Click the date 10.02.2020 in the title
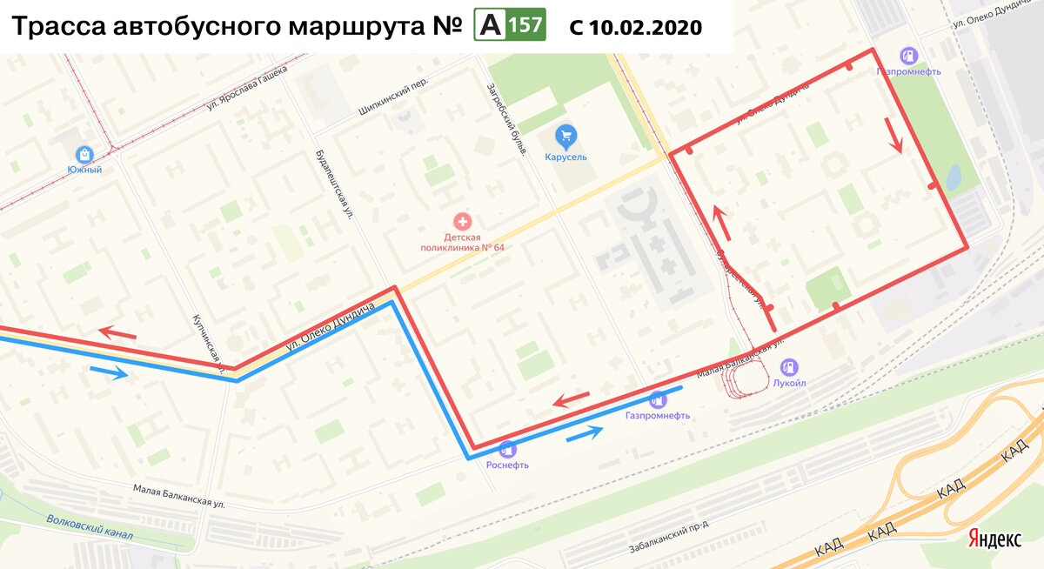645,27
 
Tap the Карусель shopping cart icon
566,136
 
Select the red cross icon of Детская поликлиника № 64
463,223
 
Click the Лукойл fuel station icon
789,367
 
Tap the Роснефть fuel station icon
508,449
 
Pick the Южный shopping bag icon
84,154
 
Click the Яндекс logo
995,539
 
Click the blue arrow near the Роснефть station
584,434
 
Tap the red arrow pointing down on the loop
893,135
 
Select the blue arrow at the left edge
109,373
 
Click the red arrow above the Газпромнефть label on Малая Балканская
572,399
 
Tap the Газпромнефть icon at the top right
908,56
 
